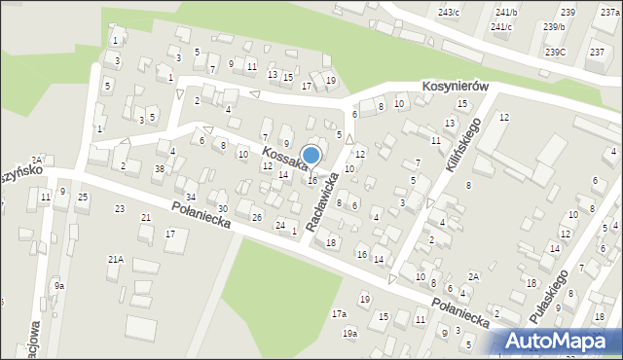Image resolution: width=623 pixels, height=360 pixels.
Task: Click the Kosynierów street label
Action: (x=454, y=86)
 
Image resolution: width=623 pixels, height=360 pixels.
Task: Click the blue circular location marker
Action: (x=311, y=156)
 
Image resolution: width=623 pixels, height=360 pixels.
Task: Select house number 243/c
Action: (x=449, y=12)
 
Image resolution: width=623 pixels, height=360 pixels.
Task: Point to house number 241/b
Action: (x=506, y=12)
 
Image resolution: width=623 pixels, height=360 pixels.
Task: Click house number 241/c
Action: (x=501, y=26)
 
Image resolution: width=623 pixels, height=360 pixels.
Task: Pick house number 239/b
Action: (x=555, y=26)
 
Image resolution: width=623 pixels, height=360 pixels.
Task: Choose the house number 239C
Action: (x=555, y=52)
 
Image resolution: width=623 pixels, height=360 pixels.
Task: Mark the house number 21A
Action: (x=115, y=259)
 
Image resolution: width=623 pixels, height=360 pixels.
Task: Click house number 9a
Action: (x=59, y=286)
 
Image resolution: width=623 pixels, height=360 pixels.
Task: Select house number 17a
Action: (x=339, y=314)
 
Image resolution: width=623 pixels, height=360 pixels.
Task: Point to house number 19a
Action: (x=349, y=334)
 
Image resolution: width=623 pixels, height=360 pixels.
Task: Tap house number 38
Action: (x=159, y=168)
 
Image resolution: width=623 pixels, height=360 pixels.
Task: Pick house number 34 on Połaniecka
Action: (x=191, y=198)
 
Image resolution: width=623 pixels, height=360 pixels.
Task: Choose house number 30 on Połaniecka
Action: (x=222, y=209)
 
